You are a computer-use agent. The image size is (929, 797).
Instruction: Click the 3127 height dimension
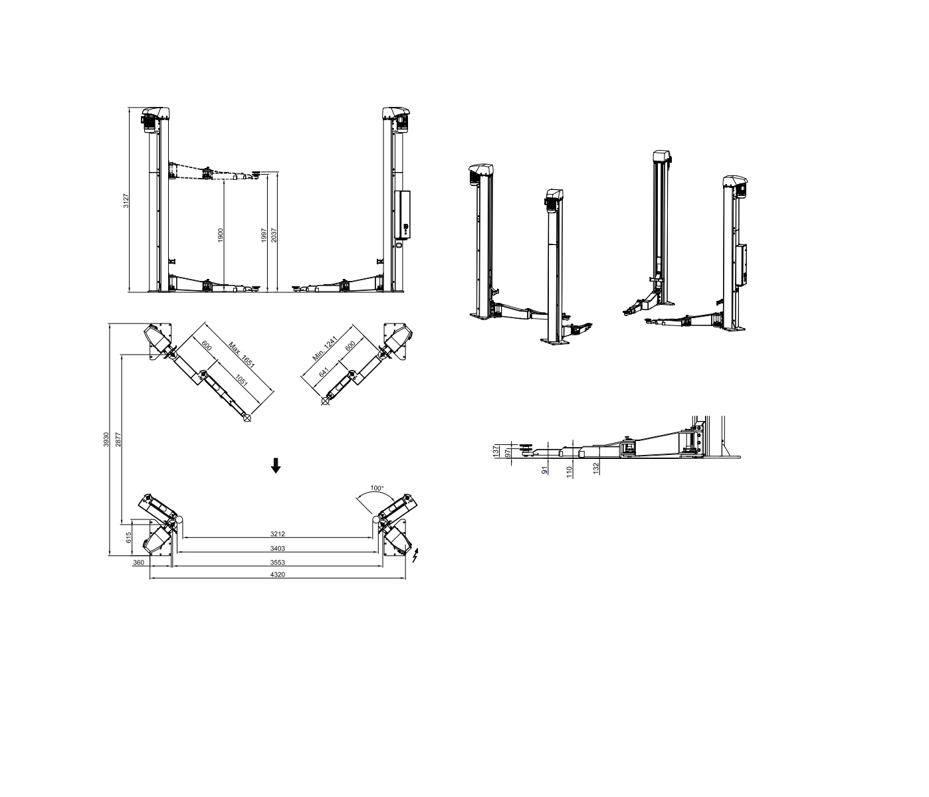click(x=126, y=201)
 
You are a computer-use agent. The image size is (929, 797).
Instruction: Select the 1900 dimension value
click(x=221, y=235)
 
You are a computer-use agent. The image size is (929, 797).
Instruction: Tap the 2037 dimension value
click(x=274, y=235)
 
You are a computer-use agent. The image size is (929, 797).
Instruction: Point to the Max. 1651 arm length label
click(x=241, y=355)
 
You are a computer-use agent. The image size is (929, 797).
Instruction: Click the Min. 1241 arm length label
click(x=324, y=350)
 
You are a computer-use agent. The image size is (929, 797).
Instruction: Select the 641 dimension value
click(x=324, y=372)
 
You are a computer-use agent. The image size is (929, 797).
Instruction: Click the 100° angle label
click(x=377, y=488)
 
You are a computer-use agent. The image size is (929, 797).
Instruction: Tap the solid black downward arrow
click(x=276, y=466)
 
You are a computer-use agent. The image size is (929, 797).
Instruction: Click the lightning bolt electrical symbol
click(x=415, y=555)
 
